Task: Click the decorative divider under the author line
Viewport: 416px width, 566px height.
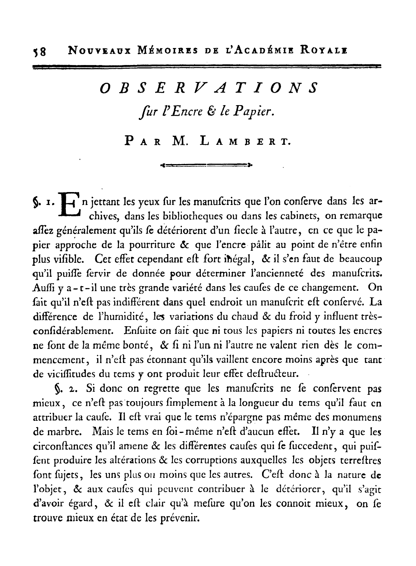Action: pos(206,164)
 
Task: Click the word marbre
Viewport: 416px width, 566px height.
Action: pos(56,431)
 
